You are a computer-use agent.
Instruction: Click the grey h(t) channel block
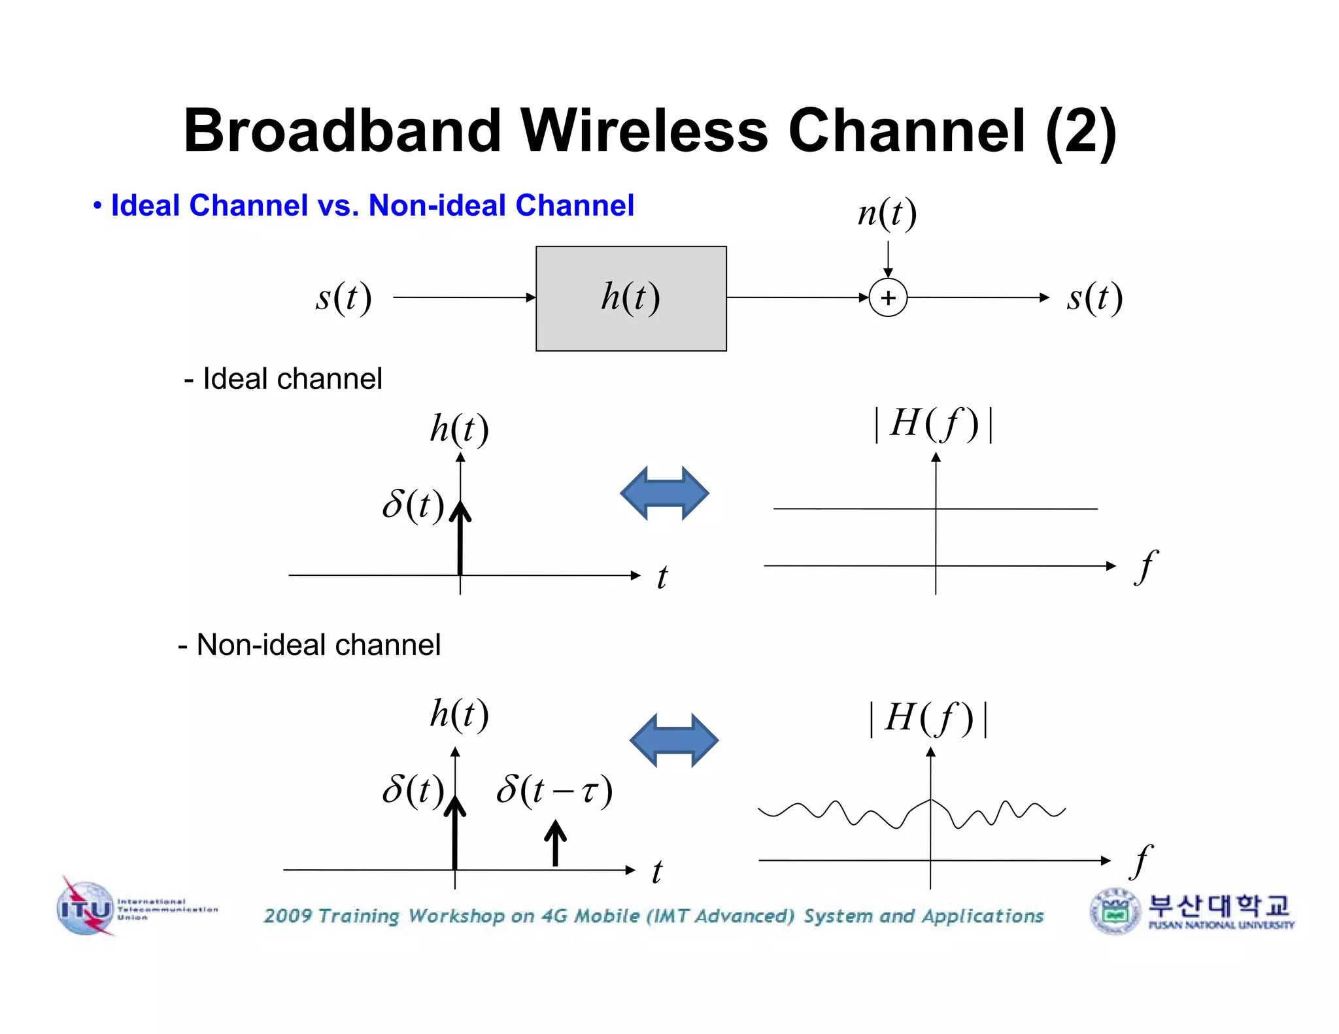coord(631,299)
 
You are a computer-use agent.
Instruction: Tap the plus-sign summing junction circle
coord(888,298)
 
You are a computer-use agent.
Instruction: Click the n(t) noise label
coord(887,214)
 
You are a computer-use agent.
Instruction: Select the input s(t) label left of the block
coord(344,298)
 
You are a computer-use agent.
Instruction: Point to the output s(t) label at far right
coord(1094,298)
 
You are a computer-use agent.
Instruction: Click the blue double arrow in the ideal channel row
coord(664,493)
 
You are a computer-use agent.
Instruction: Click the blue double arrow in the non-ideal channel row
coord(673,741)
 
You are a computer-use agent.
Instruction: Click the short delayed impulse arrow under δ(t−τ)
coord(555,843)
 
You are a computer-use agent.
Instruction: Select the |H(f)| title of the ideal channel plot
coord(935,424)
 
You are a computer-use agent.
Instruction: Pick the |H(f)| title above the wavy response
coord(929,718)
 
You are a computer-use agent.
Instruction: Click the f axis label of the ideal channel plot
coord(1146,566)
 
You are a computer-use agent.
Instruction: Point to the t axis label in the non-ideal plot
coord(657,872)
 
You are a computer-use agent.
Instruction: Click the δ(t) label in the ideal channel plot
coord(413,505)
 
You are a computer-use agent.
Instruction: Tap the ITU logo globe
coord(86,909)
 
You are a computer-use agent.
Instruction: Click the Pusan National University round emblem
coord(1115,912)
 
